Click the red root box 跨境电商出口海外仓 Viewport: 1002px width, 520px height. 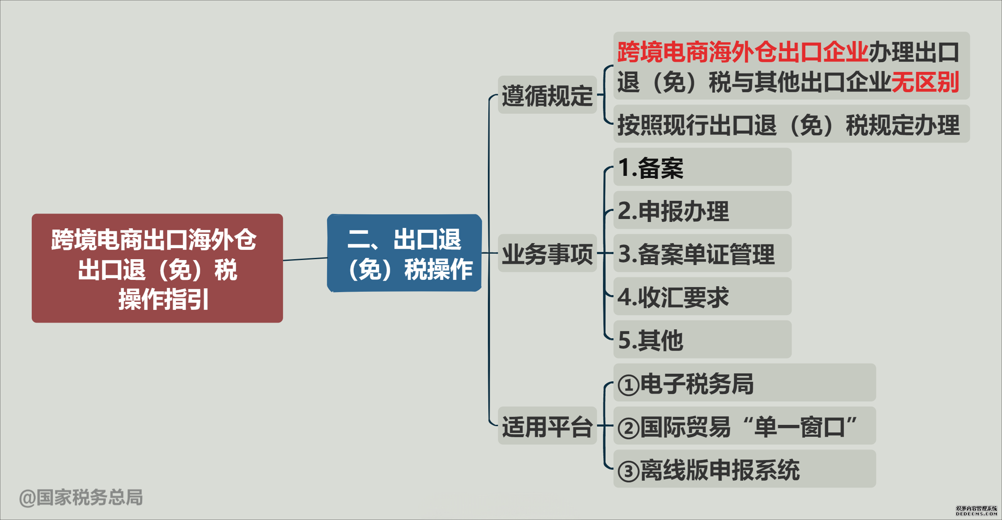pos(157,268)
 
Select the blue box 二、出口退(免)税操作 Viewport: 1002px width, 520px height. pos(405,253)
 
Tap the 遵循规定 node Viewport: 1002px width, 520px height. pos(547,95)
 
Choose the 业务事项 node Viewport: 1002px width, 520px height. pos(547,253)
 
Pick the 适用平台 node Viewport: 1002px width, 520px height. pos(547,426)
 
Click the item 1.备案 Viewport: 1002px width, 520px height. pos(702,167)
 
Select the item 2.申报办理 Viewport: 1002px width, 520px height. pos(702,210)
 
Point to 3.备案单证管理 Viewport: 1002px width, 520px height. pos(702,253)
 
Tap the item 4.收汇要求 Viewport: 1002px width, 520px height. pos(702,296)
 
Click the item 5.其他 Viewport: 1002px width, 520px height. pos(702,339)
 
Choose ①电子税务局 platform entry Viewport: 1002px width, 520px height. pos(745,383)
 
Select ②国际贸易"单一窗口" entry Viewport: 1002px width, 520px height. pos(745,426)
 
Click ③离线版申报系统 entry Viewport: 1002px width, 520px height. pos(745,469)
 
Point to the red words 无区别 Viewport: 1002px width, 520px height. pos(925,82)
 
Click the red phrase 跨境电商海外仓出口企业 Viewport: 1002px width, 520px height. pos(743,52)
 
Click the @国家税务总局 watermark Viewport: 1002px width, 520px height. pos(81,498)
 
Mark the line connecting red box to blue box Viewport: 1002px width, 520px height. pos(305,259)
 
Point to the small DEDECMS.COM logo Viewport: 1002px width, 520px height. pos(977,511)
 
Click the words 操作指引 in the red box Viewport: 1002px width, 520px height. pos(163,299)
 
